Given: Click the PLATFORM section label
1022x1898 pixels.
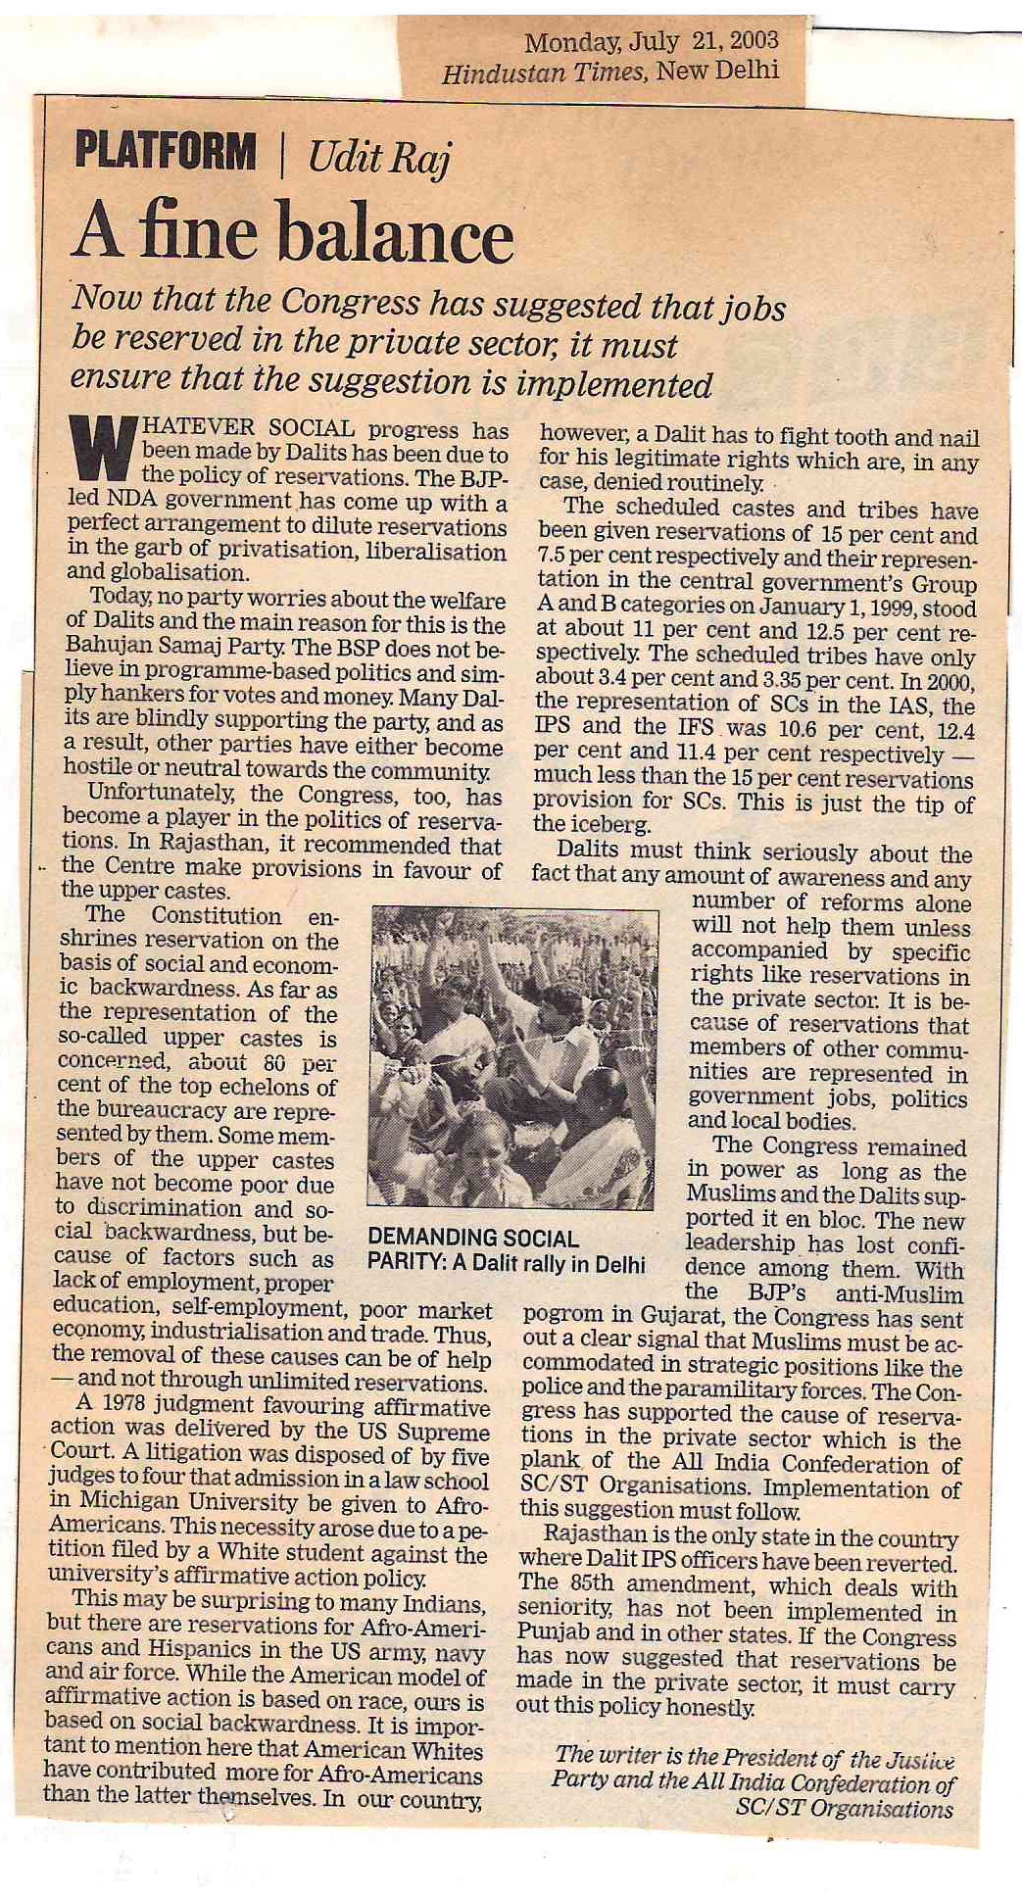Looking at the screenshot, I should [166, 154].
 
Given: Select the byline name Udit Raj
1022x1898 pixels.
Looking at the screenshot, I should [377, 157].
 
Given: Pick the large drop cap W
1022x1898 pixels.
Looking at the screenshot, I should [102, 450].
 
